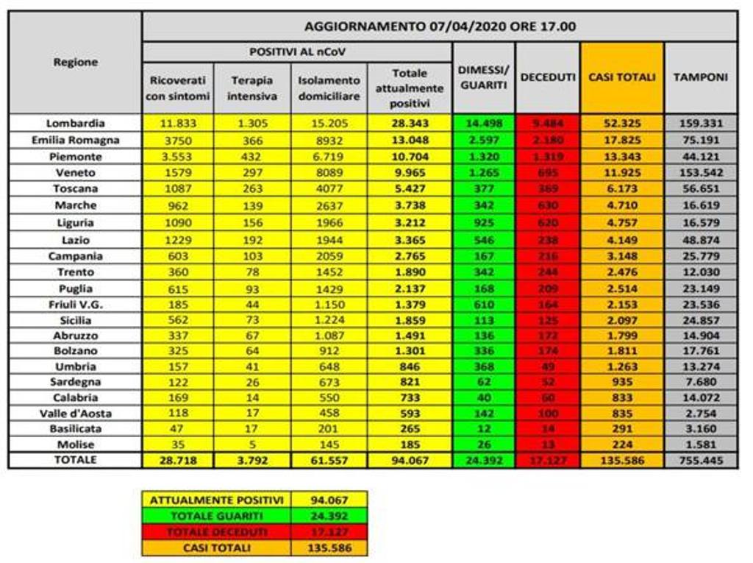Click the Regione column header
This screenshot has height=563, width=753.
click(75, 63)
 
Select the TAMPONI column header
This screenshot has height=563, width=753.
click(701, 77)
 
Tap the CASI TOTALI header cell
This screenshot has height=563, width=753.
click(621, 77)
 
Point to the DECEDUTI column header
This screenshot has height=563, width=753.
click(547, 77)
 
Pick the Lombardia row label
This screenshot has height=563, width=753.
click(75, 124)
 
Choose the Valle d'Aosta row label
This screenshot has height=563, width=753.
click(75, 413)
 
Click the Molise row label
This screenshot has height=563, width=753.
click(75, 445)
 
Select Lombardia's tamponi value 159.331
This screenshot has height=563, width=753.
click(701, 124)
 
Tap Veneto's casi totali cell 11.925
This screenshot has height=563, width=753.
click(621, 173)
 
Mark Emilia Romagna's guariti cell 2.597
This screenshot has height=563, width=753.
click(483, 140)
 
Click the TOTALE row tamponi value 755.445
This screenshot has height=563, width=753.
click(701, 461)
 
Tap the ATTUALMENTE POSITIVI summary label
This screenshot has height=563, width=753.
click(216, 500)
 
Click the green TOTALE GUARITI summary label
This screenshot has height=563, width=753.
click(216, 516)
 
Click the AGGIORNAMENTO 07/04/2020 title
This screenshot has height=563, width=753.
click(440, 26)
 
